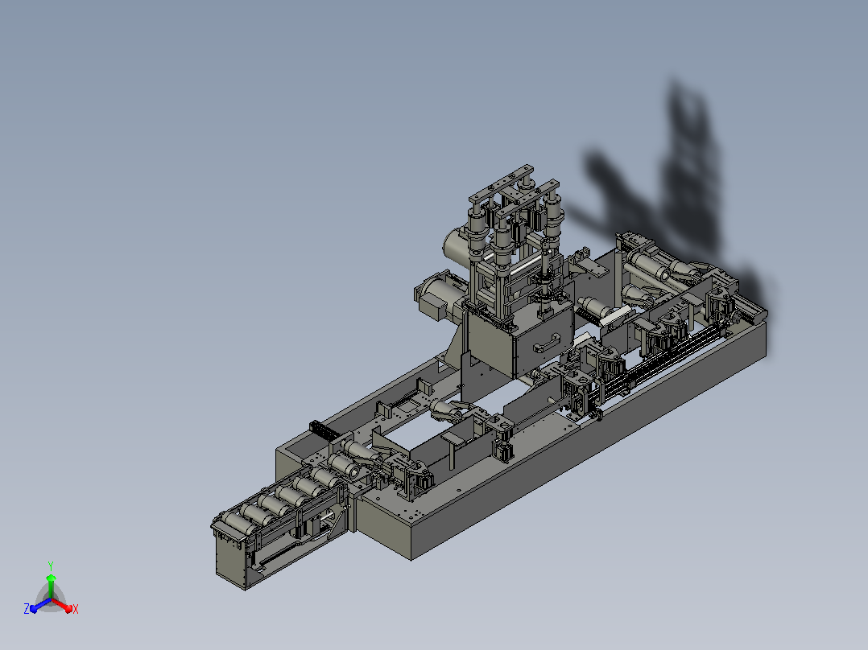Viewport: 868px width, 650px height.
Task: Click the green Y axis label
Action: (51, 566)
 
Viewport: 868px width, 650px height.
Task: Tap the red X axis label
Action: (76, 609)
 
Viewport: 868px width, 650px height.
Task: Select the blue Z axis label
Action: (27, 609)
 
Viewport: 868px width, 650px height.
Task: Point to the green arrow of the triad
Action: (51, 586)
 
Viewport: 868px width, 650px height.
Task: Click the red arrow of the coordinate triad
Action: (61, 604)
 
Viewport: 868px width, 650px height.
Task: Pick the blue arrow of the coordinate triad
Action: (40, 605)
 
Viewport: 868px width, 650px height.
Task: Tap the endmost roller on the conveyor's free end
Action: (231, 520)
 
